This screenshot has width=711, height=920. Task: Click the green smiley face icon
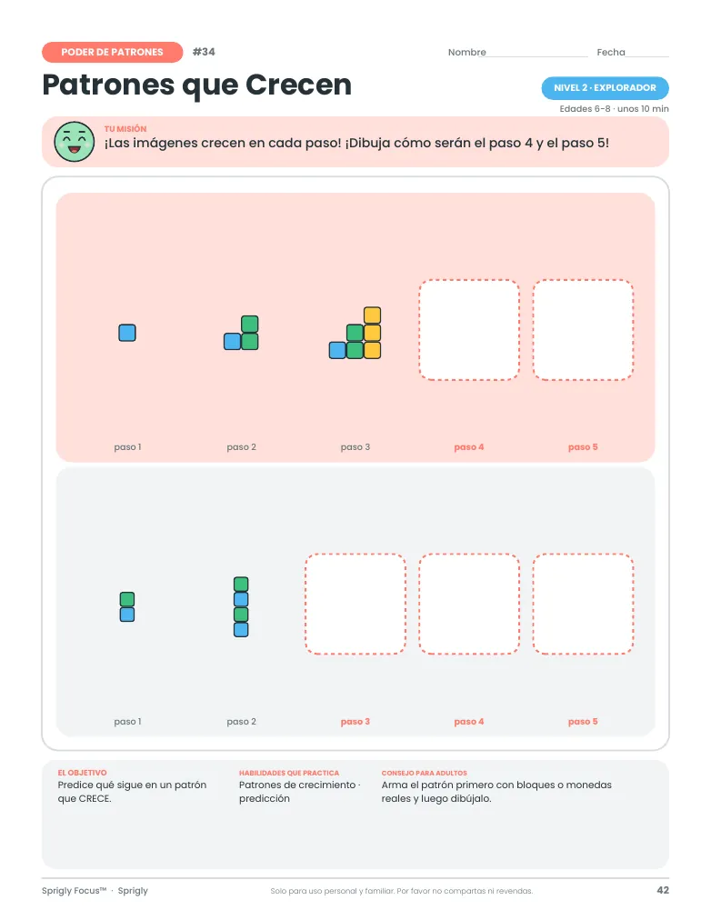74,142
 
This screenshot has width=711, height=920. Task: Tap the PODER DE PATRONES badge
112,52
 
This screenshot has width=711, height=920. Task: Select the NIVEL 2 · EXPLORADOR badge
605,88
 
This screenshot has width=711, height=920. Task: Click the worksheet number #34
204,52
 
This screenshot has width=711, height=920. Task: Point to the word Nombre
467,52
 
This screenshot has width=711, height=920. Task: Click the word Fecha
611,52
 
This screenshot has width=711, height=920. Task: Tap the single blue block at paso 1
127,333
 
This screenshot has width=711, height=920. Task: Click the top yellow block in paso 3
372,315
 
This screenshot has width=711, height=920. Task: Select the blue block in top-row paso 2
233,342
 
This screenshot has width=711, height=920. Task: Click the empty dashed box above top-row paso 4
469,330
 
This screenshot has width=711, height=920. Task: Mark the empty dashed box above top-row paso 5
583,330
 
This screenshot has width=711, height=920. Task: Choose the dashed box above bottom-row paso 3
355,604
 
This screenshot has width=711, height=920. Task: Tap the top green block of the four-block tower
241,585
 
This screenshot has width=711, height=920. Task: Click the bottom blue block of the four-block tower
241,630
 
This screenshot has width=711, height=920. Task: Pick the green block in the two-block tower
127,599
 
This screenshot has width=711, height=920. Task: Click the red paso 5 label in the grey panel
583,722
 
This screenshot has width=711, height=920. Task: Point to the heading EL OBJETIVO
82,773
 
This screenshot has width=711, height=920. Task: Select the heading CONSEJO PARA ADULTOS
424,773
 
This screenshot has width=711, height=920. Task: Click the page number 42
663,890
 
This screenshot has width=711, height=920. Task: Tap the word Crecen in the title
298,85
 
